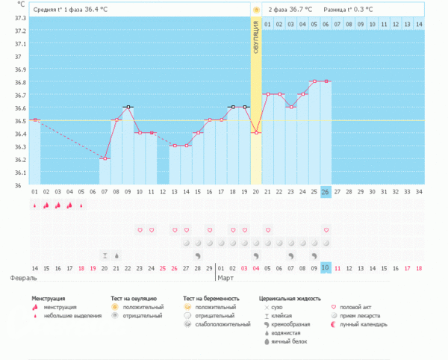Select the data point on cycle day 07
[105, 158]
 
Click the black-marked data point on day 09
[128, 107]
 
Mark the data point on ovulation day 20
[256, 133]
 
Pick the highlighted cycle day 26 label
[326, 192]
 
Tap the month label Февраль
[24, 278]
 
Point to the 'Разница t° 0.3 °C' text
[349, 10]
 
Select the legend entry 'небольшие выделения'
[69, 315]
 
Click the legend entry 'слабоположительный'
[220, 324]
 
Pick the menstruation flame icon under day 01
[35, 205]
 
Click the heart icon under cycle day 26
[326, 230]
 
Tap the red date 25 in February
[163, 268]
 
